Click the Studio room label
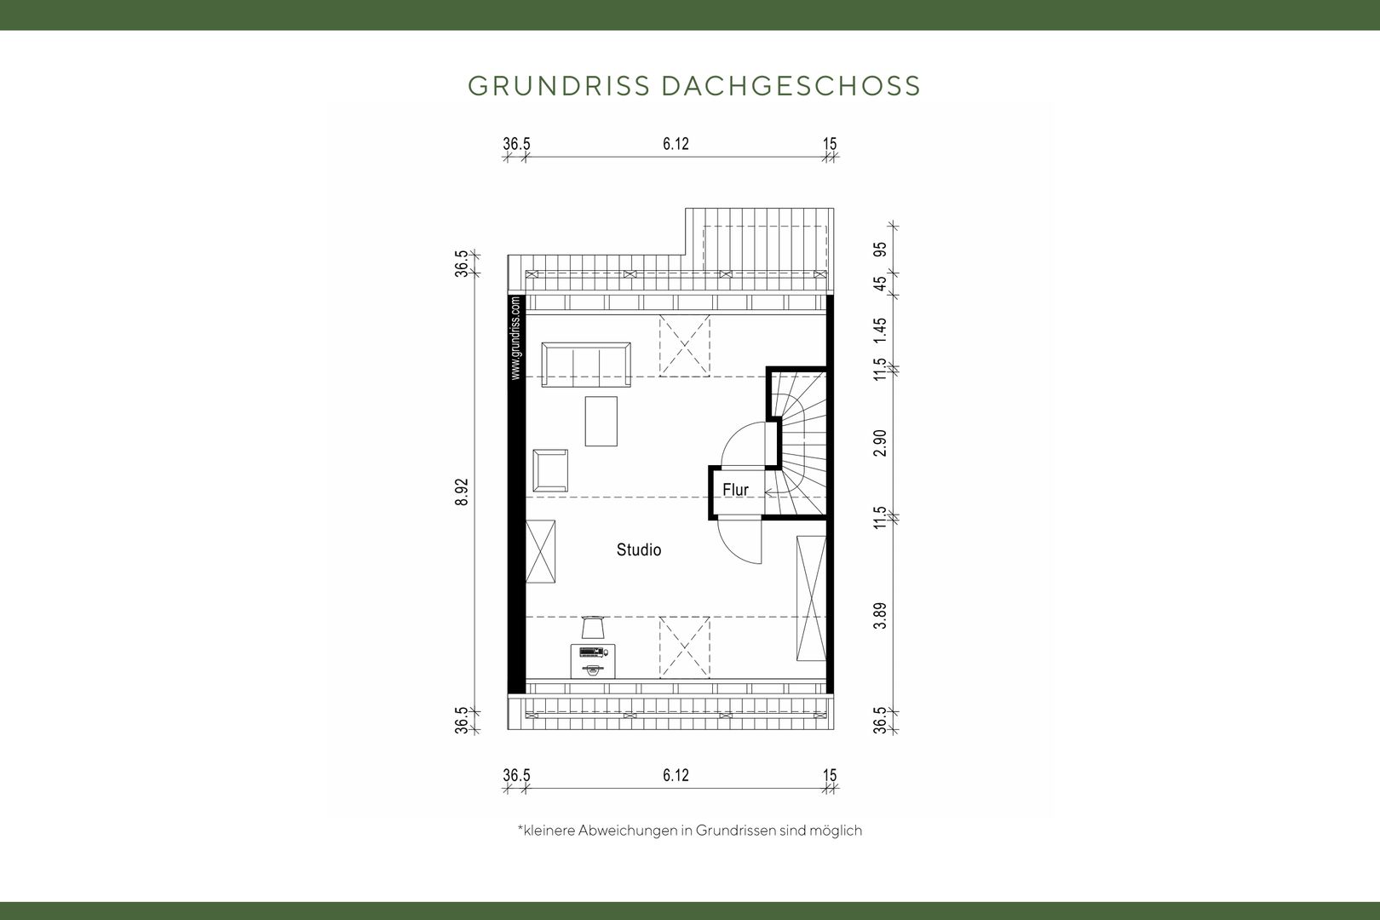pos(639,549)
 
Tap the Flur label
pos(736,490)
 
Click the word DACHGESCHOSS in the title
pos(791,86)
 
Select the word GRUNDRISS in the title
pos(559,86)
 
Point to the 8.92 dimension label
pos(462,492)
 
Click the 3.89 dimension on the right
pos(880,616)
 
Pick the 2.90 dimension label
pos(880,443)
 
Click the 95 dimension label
pos(880,250)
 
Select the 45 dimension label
pos(880,284)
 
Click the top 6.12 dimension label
pos(676,144)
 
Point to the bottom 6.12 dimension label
pos(676,775)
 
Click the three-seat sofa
pos(586,365)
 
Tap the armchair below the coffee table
pos(550,471)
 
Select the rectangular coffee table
pos(601,421)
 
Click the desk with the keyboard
pos(593,661)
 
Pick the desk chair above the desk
pos(593,627)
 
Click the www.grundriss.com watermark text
pos(515,338)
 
